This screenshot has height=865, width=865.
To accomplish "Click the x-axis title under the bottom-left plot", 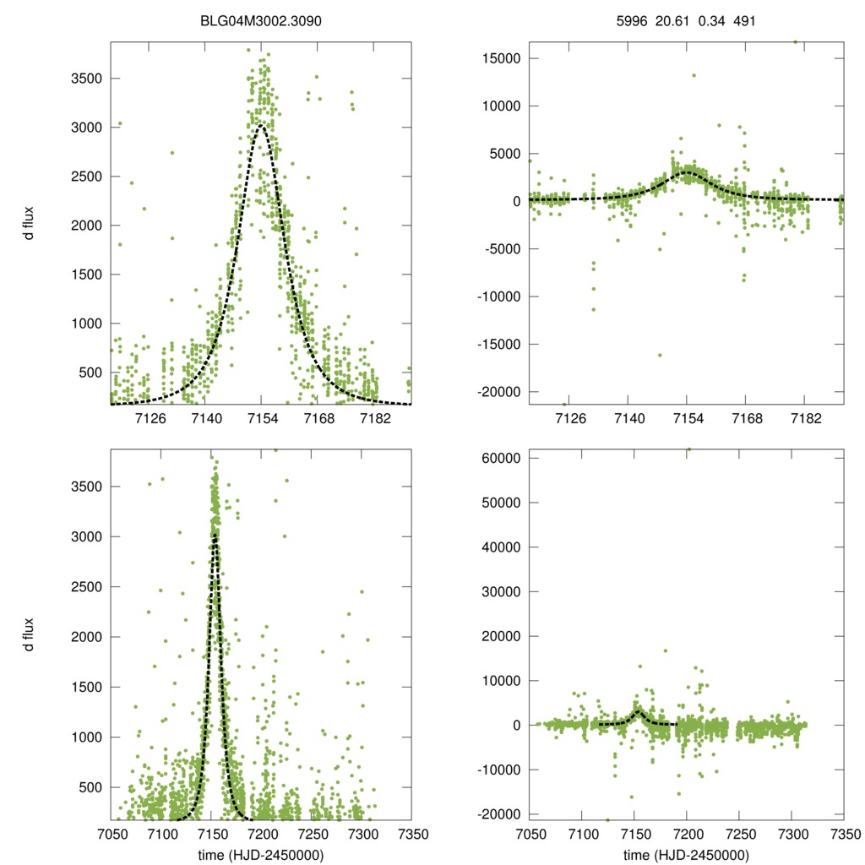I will point(261,855).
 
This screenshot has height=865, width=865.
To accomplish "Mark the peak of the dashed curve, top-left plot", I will point(261,126).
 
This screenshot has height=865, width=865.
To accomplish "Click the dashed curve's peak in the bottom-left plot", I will point(215,536).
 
